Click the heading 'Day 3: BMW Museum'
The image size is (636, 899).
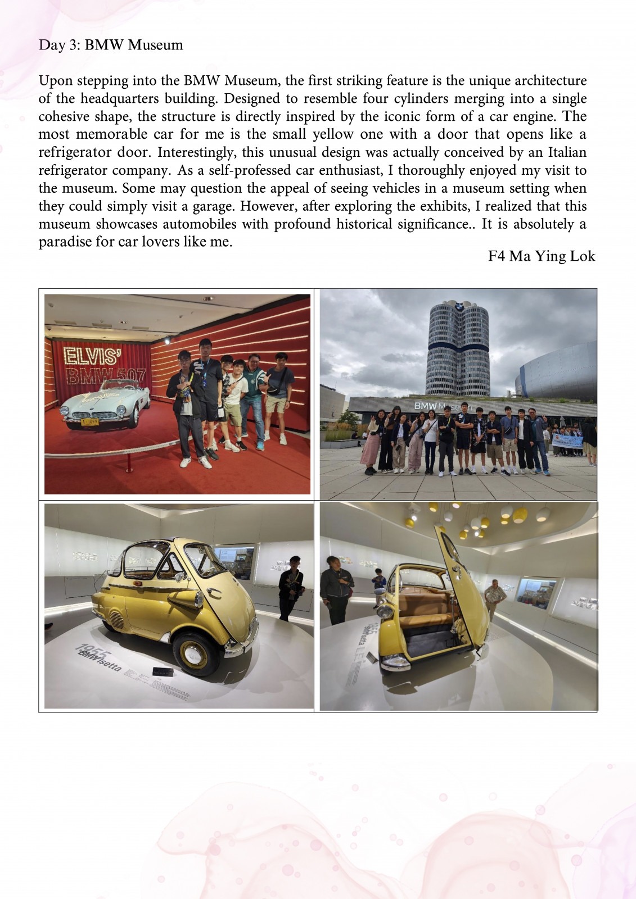pos(111,45)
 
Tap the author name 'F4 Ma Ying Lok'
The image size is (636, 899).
pos(541,256)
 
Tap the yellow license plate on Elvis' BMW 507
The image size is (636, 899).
pos(90,421)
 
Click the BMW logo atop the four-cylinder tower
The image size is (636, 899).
pos(459,307)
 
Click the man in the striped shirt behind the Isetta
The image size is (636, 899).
pos(495,599)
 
